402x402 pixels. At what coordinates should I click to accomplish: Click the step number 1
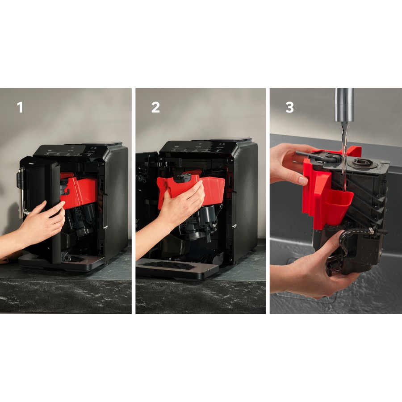[x=20, y=108]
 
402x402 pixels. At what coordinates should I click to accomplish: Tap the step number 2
[x=155, y=108]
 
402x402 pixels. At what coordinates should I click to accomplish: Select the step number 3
[x=289, y=108]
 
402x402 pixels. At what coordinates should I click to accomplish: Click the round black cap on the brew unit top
[x=360, y=163]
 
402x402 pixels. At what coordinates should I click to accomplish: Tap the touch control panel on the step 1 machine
[x=71, y=152]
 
